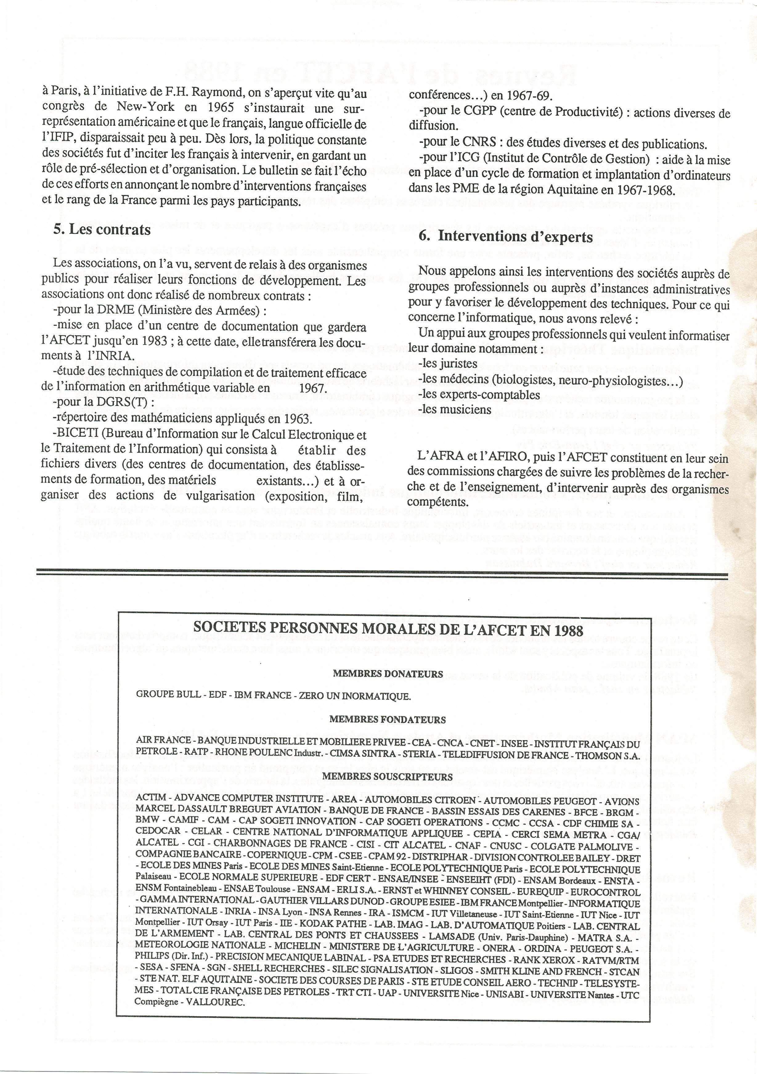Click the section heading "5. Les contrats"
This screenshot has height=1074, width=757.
point(102,230)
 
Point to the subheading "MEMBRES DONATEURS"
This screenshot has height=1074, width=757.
point(388,674)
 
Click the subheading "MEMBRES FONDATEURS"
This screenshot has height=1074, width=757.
point(388,719)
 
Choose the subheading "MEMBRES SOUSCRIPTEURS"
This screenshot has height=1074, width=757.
point(388,777)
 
